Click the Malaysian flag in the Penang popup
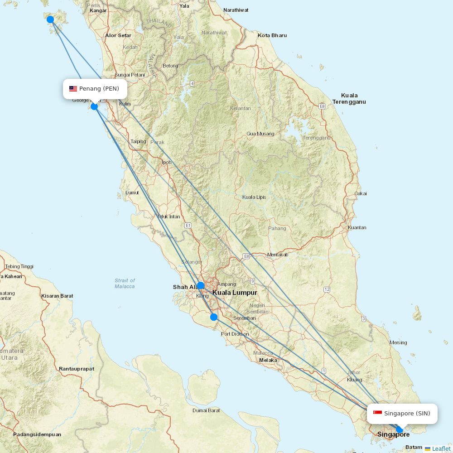(73, 89)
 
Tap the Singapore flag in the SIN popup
(377, 413)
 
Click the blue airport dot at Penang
(94, 106)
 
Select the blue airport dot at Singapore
(399, 429)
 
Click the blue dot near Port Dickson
(214, 317)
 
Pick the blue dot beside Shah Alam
(200, 285)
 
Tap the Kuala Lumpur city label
(235, 293)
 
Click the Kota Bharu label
(272, 35)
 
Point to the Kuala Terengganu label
(349, 98)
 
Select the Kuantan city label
(357, 227)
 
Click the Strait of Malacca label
(125, 284)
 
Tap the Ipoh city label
(167, 162)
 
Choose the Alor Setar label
(118, 35)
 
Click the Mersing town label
(398, 342)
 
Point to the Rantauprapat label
(77, 369)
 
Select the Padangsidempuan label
(37, 434)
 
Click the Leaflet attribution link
(441, 448)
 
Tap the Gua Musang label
(260, 134)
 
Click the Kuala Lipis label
(254, 197)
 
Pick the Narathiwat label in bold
(236, 10)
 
